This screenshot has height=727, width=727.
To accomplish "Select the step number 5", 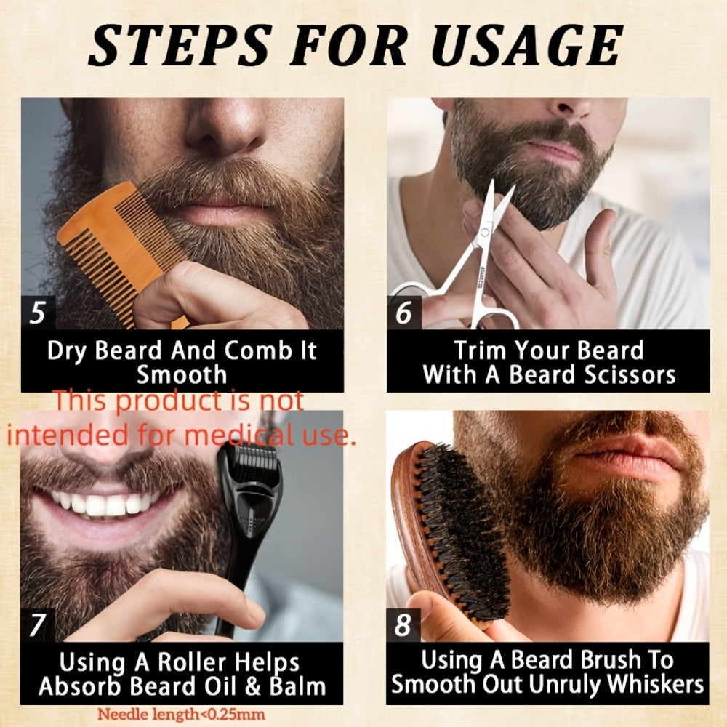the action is point(38,312).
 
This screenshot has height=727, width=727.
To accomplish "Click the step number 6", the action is point(403,312).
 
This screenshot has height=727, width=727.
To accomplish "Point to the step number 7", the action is point(37,624).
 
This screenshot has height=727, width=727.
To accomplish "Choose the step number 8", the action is point(403,624).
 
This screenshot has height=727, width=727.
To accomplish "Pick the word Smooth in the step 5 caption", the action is point(182,375).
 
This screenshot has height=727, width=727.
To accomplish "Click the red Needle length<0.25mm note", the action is point(181,714).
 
